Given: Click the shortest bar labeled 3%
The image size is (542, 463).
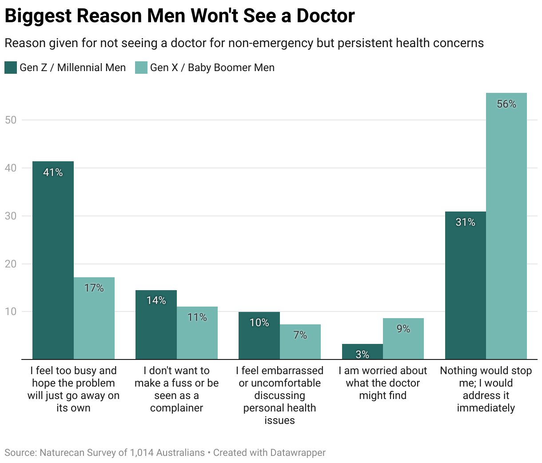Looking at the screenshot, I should click(x=362, y=351).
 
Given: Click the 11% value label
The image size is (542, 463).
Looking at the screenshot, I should click(x=197, y=317).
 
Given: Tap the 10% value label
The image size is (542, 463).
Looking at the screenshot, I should click(x=259, y=323).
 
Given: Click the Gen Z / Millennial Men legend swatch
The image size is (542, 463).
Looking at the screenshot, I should click(x=11, y=68).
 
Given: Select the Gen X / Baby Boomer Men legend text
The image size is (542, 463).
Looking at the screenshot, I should click(x=212, y=68).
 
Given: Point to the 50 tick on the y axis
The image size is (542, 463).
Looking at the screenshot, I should click(x=11, y=120).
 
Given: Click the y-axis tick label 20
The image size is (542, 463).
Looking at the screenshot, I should click(x=11, y=264).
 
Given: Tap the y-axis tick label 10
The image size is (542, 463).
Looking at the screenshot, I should click(x=11, y=311).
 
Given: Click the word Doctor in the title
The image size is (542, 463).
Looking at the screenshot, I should click(x=325, y=16).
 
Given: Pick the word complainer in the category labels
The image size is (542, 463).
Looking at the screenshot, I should click(x=176, y=408).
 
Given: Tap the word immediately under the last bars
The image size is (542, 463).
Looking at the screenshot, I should click(x=486, y=408).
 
